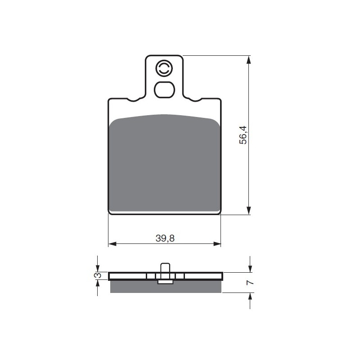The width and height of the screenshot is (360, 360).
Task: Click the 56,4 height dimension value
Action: pos(243,135)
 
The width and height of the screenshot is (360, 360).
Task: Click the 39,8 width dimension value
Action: pos(165,238)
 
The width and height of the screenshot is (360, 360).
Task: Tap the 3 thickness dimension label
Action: pos(98,275)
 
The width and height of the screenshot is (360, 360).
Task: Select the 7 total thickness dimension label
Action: pos(250,283)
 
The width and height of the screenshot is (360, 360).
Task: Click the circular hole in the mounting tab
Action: pos(163,68)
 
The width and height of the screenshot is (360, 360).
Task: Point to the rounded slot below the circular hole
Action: pos(164,90)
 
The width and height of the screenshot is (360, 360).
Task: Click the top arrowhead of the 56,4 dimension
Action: pos(248,60)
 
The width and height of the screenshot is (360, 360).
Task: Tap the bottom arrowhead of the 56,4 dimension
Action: pos(248,210)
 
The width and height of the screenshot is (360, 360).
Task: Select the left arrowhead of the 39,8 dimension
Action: pos(112,244)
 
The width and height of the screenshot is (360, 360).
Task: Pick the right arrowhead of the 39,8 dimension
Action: pos(216,244)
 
